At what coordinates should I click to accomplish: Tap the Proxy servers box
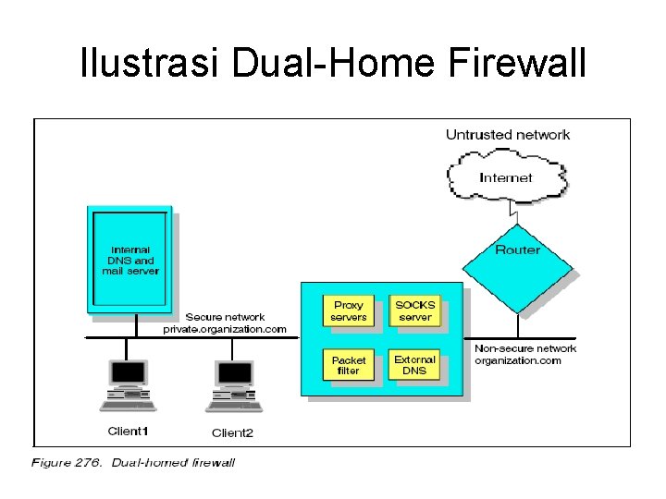349,310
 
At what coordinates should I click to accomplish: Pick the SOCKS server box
414,310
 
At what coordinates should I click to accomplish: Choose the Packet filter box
349,366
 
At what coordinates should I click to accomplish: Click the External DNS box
414,365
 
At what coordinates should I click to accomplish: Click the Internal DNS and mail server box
129,260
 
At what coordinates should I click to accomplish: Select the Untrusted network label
508,135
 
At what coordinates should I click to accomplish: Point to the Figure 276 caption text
133,462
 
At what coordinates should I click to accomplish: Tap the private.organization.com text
225,329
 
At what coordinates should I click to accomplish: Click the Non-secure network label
524,348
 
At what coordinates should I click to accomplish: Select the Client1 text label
128,432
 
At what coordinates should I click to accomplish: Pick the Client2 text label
232,432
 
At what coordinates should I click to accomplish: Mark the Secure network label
225,317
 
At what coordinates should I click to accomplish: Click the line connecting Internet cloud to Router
517,213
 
